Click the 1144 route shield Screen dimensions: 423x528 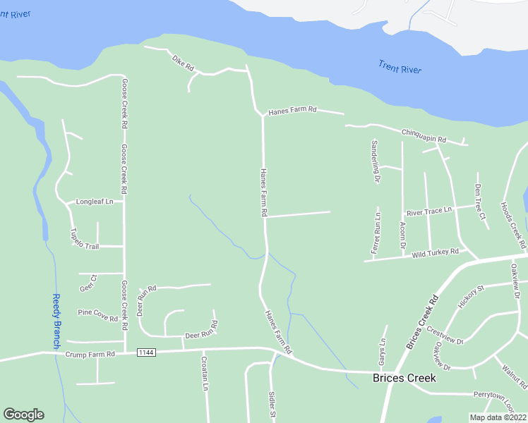click(x=145, y=352)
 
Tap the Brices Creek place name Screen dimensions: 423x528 click(x=404, y=378)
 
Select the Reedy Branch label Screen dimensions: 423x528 click(x=57, y=321)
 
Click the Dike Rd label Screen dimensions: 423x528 click(x=183, y=63)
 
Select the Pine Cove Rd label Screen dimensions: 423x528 click(x=97, y=315)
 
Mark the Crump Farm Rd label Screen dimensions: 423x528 click(x=90, y=355)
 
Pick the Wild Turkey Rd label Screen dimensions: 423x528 click(x=436, y=252)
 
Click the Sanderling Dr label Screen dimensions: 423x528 click(x=374, y=161)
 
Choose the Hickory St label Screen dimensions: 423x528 click(x=471, y=296)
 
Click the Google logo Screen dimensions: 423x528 click(x=23, y=415)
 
